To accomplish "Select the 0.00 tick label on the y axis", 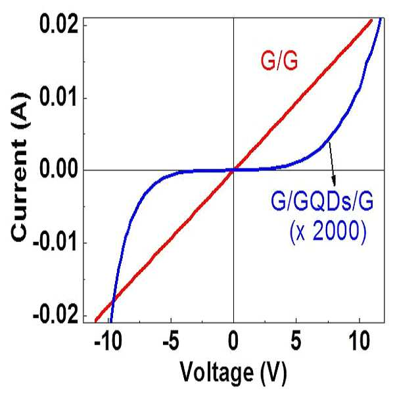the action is pyautogui.click(x=58, y=170).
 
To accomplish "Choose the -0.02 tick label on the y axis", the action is pyautogui.click(x=55, y=315).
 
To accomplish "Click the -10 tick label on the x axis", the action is pyautogui.click(x=108, y=342).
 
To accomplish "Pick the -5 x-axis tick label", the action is pyautogui.click(x=171, y=342).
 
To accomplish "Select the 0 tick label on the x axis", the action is pyautogui.click(x=233, y=342).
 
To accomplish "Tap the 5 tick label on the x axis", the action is pyautogui.click(x=296, y=342).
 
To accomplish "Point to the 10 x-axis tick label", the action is pyautogui.click(x=360, y=342).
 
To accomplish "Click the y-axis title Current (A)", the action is pyautogui.click(x=20, y=167).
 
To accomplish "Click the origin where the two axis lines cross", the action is pyautogui.click(x=233, y=170).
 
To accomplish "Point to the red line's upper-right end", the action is pyautogui.click(x=371, y=20).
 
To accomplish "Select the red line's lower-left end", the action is pyautogui.click(x=96, y=321).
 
